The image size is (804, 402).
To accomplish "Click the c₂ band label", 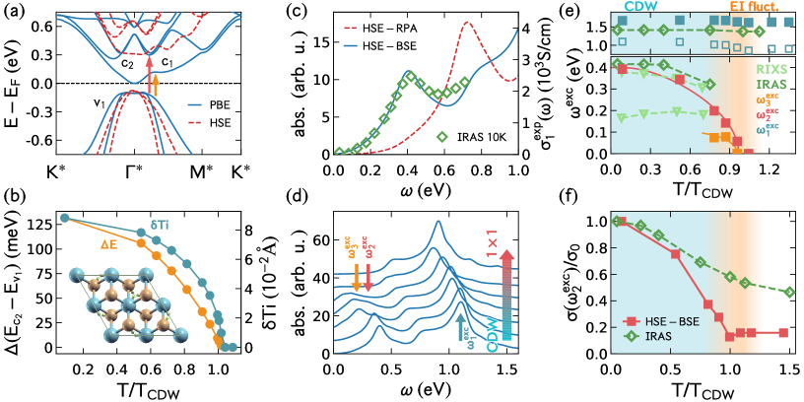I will tap(126, 63).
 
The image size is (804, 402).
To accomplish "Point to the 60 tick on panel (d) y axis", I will tap(318, 238).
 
